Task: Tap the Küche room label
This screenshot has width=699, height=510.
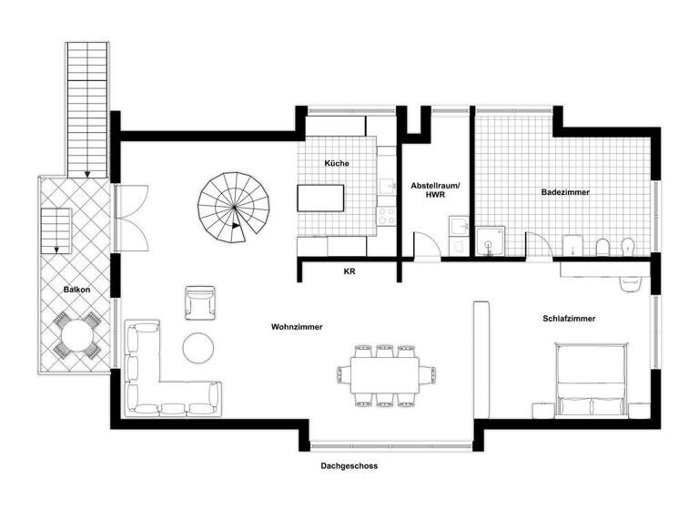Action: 337,164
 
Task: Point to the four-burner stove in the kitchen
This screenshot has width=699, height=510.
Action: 387,217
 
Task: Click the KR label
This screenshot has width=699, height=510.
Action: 349,271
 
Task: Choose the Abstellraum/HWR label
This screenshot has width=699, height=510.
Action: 435,189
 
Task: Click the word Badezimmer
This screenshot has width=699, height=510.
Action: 564,193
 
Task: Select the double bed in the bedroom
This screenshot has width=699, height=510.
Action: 592,378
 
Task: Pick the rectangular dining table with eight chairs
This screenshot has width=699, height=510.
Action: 380,373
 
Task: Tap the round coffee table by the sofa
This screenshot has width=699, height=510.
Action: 199,347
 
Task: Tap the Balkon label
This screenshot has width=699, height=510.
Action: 76,290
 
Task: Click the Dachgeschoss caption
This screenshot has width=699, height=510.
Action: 349,465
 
